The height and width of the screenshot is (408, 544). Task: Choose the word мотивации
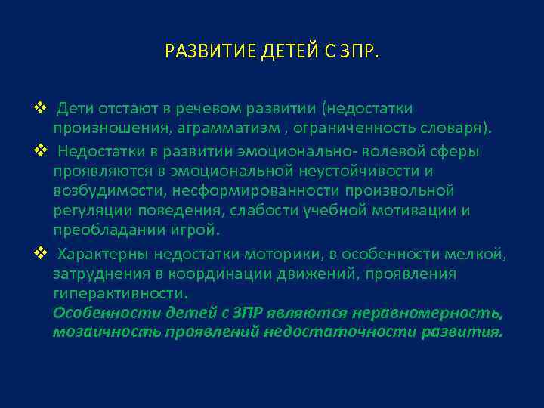click(410, 210)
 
